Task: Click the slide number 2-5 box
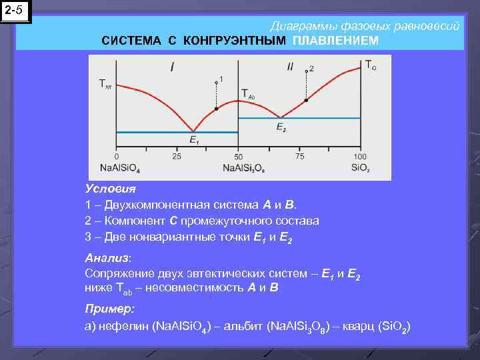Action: tap(15, 11)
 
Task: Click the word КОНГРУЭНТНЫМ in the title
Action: tap(234, 41)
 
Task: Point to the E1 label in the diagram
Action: tap(194, 139)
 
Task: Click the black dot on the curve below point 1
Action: tap(216, 108)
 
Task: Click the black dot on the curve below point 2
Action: tap(306, 101)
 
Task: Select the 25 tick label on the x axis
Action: tap(176, 156)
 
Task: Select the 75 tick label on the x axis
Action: tap(299, 156)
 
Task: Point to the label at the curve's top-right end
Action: tap(370, 65)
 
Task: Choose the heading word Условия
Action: tap(110, 189)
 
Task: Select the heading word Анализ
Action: tap(108, 257)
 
